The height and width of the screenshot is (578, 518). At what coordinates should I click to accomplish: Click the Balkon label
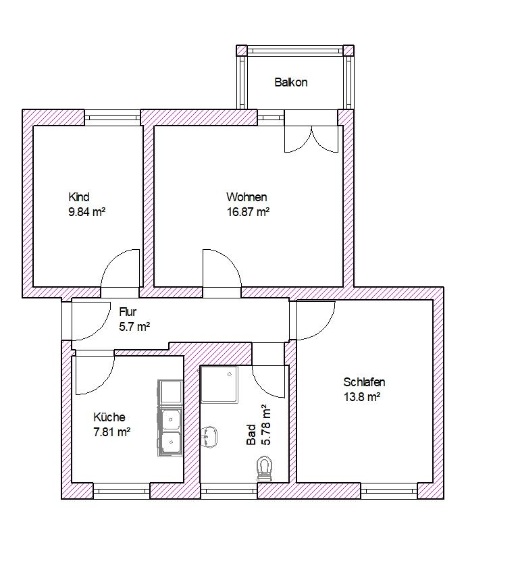291,82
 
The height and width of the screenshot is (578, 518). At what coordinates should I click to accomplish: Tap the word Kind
79,197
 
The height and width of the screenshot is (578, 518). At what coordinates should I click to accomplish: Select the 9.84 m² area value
87,212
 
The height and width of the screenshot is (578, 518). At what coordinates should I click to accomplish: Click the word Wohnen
247,197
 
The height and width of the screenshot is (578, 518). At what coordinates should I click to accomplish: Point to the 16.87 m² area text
248,212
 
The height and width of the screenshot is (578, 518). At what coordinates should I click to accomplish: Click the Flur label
128,312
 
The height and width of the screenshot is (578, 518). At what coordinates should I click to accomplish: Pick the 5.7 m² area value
134,327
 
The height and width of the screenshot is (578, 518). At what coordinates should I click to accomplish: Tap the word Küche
109,417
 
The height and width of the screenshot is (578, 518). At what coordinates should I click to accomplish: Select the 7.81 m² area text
111,431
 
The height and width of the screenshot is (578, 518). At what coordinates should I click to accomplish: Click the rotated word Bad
251,435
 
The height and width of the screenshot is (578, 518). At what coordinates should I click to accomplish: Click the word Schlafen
364,382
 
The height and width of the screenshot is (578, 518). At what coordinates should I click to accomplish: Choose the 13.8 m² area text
362,397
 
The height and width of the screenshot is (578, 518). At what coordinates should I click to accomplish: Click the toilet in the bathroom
264,469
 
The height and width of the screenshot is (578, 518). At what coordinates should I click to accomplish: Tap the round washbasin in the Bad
210,437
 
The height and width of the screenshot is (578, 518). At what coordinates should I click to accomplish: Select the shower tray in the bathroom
219,384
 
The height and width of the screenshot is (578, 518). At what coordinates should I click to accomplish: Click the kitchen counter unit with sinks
170,418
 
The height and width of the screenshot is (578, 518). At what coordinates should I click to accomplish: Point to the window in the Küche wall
122,491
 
